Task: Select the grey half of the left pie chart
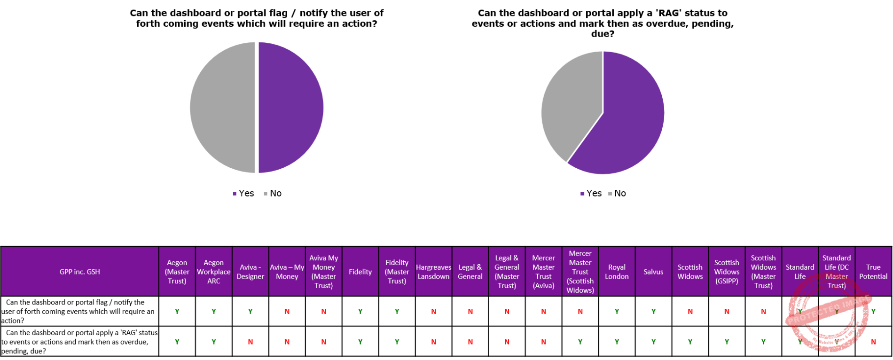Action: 222,108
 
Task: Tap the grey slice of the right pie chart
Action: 571,103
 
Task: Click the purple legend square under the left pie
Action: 235,194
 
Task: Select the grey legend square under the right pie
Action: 610,194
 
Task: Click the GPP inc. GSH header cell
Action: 80,272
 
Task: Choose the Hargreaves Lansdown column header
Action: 433,272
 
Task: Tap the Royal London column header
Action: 617,272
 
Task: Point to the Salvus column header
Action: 653,272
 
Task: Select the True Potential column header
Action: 873,272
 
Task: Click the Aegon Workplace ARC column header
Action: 214,272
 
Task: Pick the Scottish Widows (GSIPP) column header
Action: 727,272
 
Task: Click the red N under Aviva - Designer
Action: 251,342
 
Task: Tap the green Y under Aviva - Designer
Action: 251,311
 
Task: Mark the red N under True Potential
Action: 873,342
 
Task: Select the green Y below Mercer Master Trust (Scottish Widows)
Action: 580,342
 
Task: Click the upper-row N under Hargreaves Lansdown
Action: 433,311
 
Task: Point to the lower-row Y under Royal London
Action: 617,342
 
